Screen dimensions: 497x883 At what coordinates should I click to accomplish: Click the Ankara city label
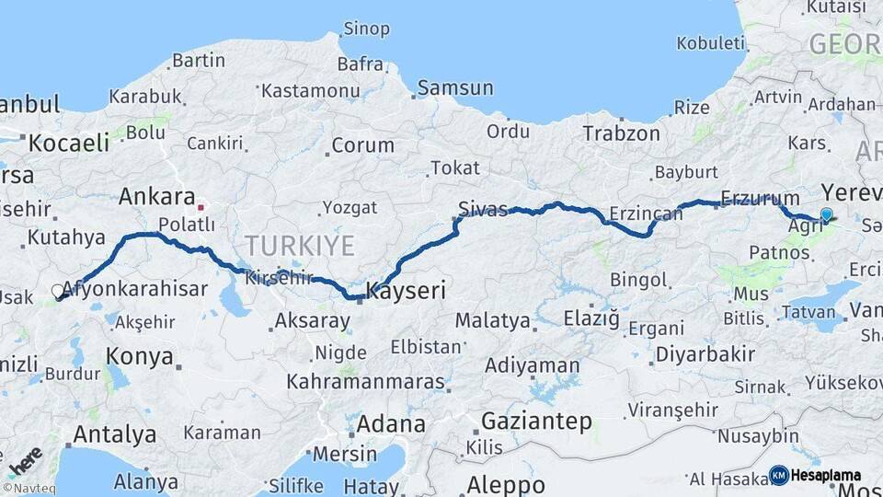156,197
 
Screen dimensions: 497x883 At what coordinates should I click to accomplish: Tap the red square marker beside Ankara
201,207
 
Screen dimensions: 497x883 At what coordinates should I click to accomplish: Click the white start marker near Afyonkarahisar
58,292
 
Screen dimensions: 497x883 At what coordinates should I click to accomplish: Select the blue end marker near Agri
826,215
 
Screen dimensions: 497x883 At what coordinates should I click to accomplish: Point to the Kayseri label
406,292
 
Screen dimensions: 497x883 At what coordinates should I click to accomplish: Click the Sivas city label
483,210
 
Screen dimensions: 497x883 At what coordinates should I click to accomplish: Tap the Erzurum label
760,198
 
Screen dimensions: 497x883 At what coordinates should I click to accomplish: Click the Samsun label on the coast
455,88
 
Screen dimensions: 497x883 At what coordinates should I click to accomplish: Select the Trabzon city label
621,133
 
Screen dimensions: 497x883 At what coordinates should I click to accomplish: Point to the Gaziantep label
537,422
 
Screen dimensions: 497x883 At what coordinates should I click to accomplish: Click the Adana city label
391,424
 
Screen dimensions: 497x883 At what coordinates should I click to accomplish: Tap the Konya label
140,356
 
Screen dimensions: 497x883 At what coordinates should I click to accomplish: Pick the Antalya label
114,433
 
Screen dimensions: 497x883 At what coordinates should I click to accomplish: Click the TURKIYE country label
299,246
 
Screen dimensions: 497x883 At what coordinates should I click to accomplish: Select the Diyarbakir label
694,354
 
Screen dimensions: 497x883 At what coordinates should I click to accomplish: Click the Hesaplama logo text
825,476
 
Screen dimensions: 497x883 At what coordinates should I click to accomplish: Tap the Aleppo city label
506,484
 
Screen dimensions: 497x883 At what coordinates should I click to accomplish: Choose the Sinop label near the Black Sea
365,29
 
